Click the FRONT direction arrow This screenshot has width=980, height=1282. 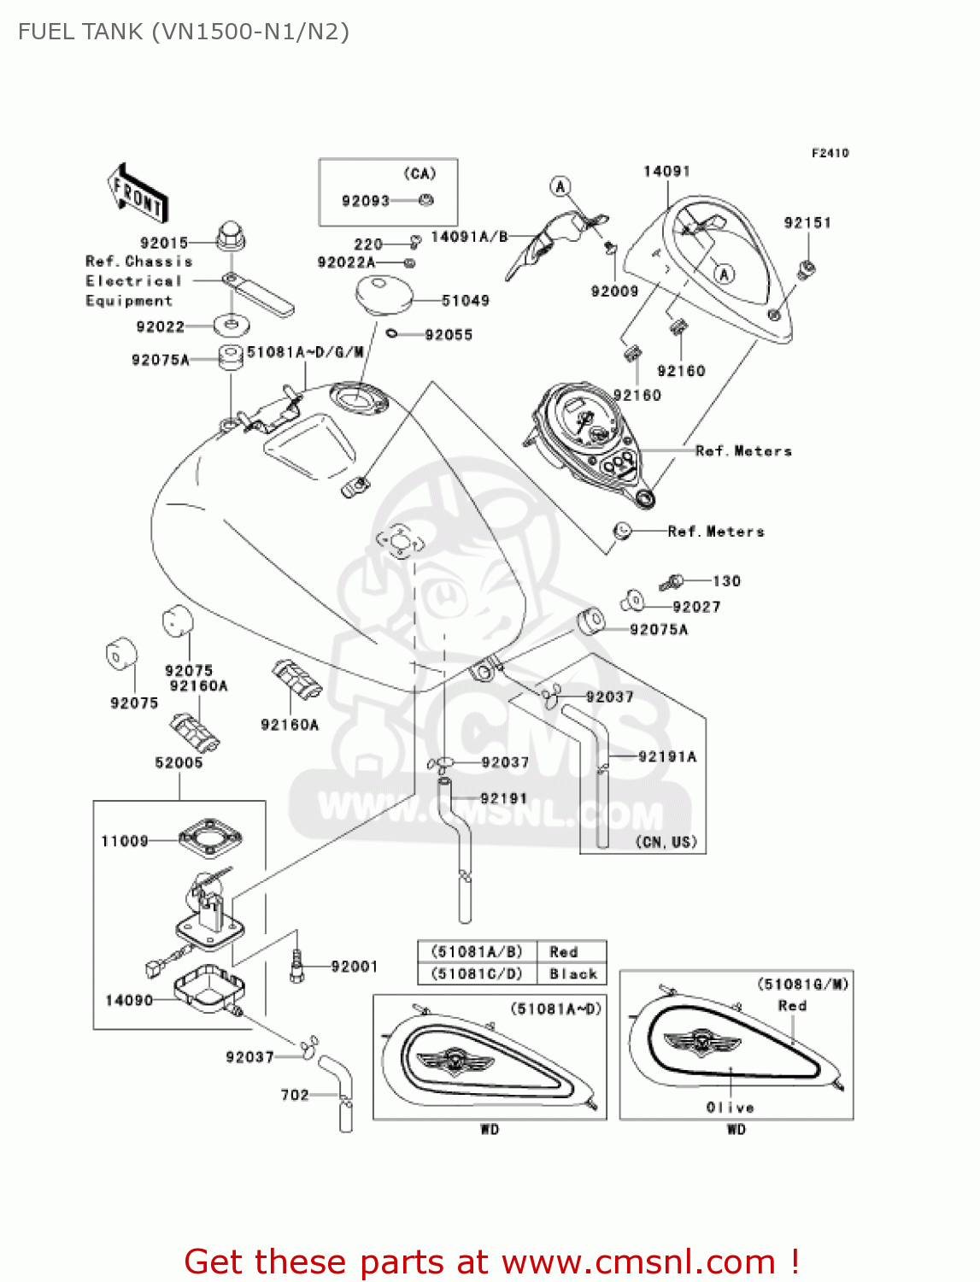click(x=137, y=194)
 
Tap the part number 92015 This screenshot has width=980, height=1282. click(x=163, y=243)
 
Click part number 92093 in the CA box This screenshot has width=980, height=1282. click(x=365, y=201)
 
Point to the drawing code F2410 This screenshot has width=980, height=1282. click(x=830, y=153)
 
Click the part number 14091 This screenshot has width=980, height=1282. click(x=666, y=171)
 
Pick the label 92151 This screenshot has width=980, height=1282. click(x=807, y=222)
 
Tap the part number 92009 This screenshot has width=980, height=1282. click(x=614, y=291)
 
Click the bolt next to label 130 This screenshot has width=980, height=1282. click(x=672, y=582)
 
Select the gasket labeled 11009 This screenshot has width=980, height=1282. click(x=209, y=838)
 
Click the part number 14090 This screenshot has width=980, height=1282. click(x=129, y=1000)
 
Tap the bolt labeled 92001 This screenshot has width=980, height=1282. click(x=296, y=966)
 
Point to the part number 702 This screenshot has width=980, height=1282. click(x=295, y=1095)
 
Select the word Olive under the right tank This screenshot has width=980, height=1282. click(x=730, y=1107)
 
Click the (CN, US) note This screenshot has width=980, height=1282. click(x=666, y=842)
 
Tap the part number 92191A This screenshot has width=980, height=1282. click(x=667, y=756)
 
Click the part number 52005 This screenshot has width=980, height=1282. click(x=179, y=762)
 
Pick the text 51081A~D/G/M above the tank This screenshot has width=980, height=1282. click(x=305, y=351)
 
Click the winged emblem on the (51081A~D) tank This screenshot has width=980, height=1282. click(x=455, y=1061)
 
